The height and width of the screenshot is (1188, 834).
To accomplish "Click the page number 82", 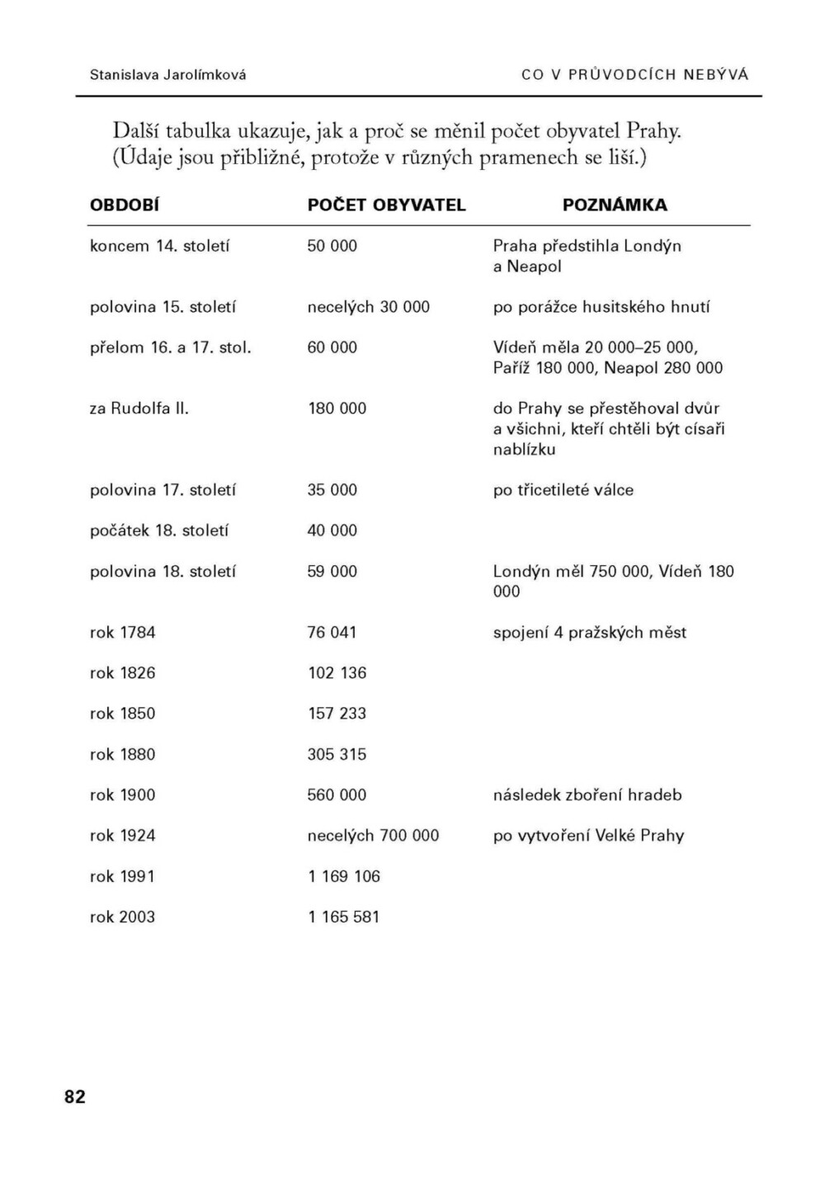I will [x=74, y=1096].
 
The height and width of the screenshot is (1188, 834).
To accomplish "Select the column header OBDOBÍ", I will [x=125, y=205].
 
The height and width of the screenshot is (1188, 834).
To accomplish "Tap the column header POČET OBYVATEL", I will [x=386, y=205].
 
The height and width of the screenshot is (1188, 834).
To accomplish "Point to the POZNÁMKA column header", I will [x=615, y=205].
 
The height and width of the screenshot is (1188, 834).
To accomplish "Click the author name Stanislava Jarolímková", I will [x=167, y=74].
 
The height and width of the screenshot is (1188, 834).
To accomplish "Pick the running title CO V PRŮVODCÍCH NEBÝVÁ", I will [x=634, y=74].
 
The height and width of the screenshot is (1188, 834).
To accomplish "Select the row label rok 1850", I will [x=122, y=714].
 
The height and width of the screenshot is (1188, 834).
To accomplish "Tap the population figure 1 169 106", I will [x=344, y=876].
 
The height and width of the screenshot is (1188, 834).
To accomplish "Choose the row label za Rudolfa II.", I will [x=139, y=408].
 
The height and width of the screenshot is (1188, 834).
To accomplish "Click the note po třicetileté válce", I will [x=563, y=490].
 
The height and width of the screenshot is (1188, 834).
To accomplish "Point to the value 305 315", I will [x=337, y=754].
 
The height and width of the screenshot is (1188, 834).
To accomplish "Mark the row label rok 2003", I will [x=122, y=917].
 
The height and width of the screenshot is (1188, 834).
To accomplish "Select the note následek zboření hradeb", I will [x=587, y=795].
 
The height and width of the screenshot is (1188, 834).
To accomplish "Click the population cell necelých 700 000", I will [x=373, y=836].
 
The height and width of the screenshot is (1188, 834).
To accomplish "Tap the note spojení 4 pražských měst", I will [x=590, y=633].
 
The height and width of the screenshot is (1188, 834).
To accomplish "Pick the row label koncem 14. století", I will [x=159, y=246].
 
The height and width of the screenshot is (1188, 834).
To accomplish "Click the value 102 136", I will [x=337, y=673].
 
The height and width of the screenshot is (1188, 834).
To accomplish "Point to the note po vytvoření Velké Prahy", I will [x=588, y=836].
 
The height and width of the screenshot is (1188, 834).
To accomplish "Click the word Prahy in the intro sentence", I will [x=653, y=131].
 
